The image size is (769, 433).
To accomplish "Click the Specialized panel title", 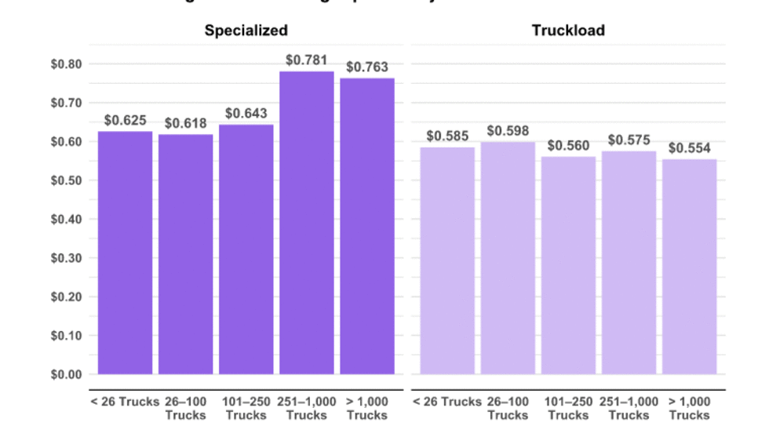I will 246,31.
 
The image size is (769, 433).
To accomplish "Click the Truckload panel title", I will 568,31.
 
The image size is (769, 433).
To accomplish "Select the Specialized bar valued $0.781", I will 307,223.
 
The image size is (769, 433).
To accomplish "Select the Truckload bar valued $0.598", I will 508,258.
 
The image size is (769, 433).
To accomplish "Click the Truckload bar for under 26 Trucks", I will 447,260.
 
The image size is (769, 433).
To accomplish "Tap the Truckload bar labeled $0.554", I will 689,267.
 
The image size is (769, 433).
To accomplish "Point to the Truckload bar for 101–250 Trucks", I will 568,265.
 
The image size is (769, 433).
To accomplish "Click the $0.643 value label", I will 246,114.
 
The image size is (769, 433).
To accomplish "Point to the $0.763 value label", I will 367,67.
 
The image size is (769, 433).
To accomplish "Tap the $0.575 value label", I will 629,140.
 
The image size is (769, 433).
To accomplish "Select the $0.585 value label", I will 447,136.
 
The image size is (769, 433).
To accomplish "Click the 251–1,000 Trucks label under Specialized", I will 307,408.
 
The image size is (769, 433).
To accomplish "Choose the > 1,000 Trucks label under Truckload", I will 689,408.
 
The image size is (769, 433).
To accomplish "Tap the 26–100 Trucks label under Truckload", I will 508,408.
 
